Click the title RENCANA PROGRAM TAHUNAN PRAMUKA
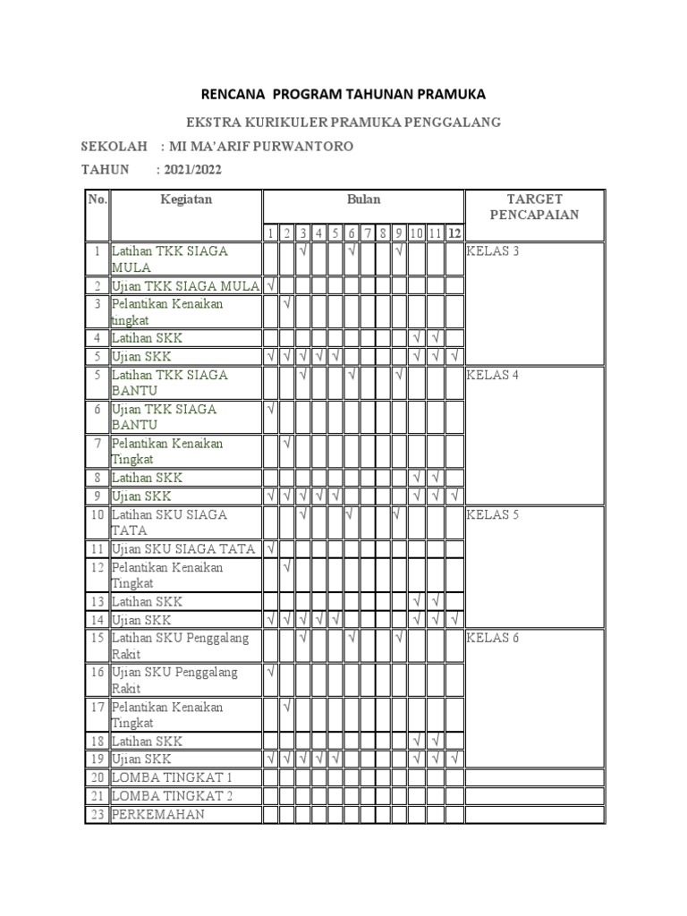click(x=343, y=94)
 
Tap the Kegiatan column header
click(x=186, y=199)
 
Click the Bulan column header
click(x=363, y=199)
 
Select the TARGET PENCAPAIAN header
click(x=534, y=207)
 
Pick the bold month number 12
click(x=455, y=233)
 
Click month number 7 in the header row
click(x=368, y=233)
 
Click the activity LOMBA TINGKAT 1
click(x=172, y=776)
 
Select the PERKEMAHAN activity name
click(x=158, y=814)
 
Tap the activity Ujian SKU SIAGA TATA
click(x=183, y=549)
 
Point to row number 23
click(x=97, y=814)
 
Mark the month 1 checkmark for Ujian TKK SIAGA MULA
click(x=271, y=286)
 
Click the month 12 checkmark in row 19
click(x=455, y=759)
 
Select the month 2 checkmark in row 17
click(x=287, y=707)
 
